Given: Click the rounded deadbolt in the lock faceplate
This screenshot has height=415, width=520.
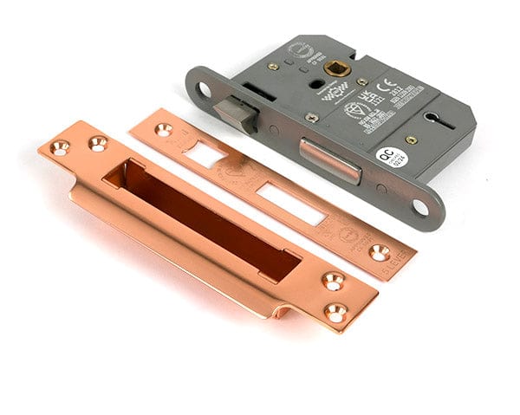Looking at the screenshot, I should (329, 159).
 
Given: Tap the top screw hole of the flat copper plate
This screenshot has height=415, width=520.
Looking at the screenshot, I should (162, 129).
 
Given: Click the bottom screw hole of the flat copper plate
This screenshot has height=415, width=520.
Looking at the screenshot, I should (380, 252).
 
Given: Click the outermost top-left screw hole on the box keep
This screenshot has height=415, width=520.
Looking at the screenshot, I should (60, 148).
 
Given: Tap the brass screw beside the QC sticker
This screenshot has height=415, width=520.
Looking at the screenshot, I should (412, 140).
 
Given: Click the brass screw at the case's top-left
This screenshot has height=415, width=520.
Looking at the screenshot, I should (273, 67).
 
